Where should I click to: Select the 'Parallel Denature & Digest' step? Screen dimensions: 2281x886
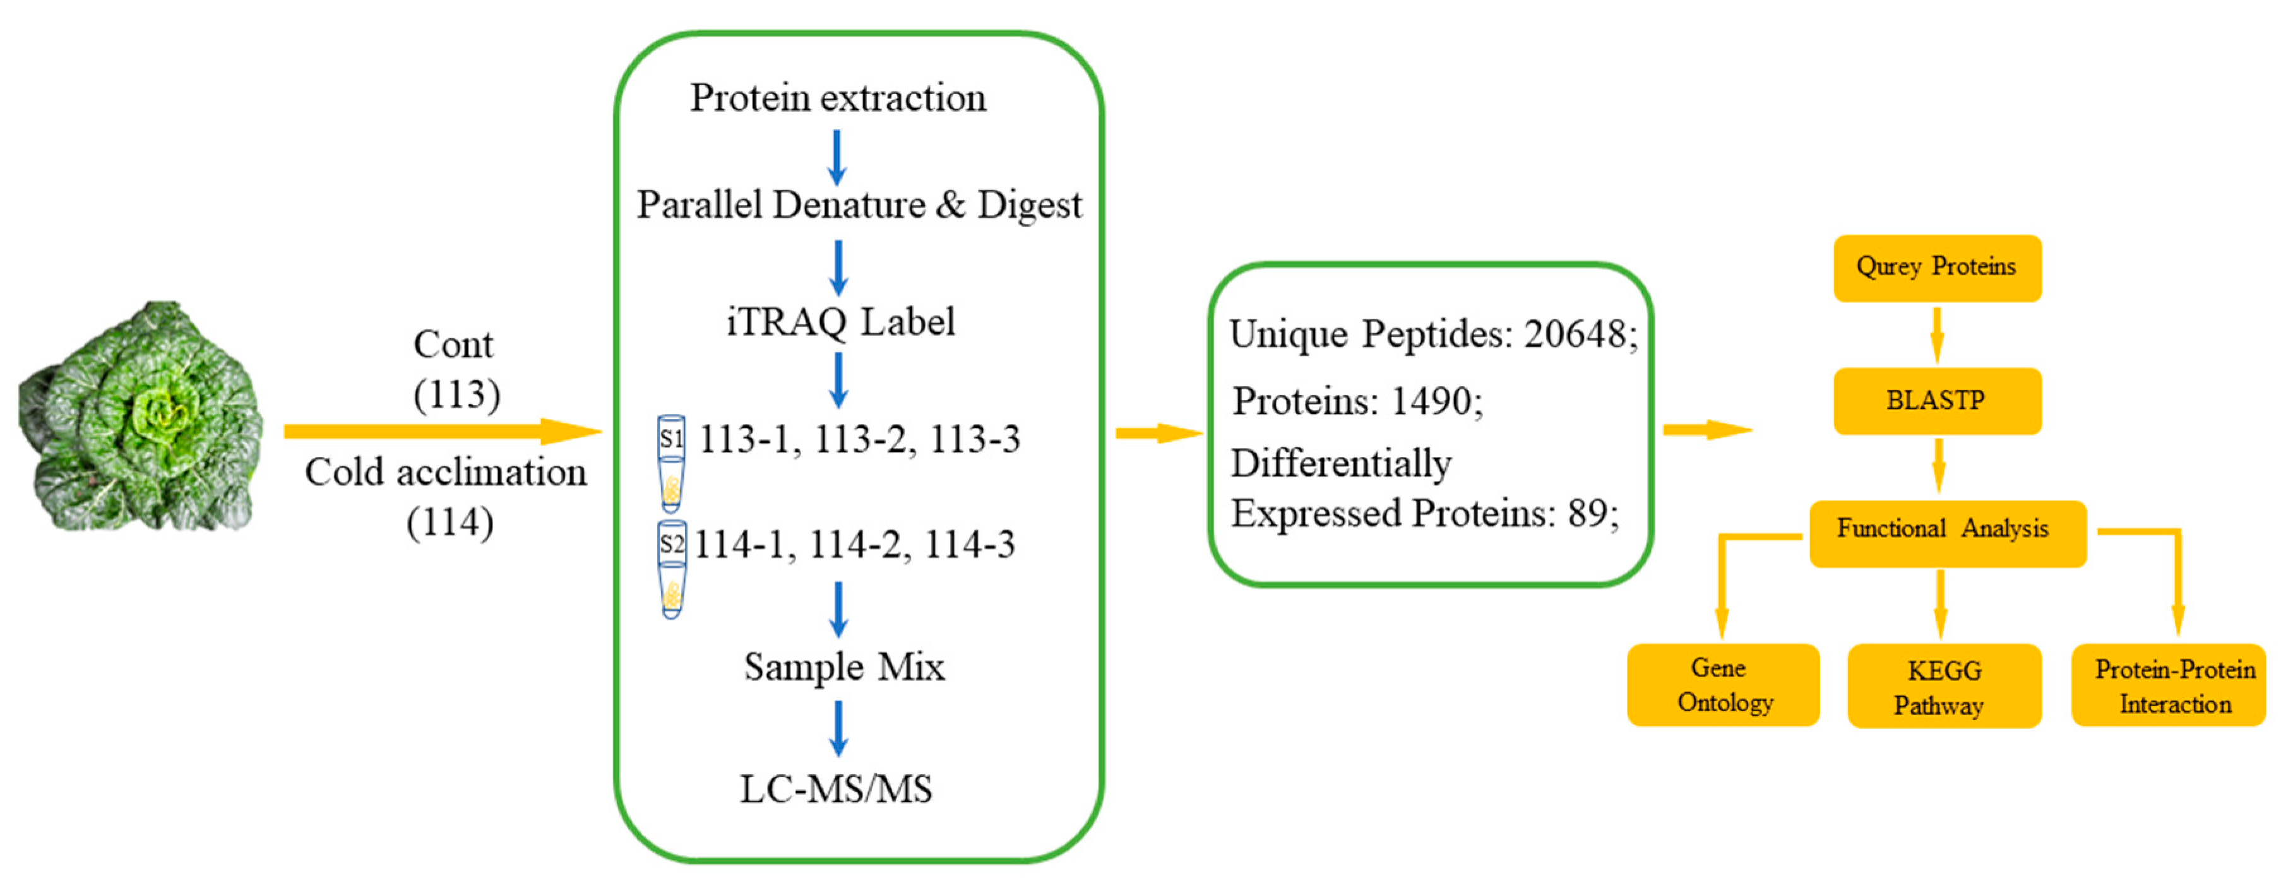859,204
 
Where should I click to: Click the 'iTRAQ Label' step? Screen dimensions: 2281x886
840,321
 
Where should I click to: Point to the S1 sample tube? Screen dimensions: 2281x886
671,463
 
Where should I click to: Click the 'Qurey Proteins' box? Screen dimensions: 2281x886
1938,268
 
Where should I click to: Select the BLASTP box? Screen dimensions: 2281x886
1938,401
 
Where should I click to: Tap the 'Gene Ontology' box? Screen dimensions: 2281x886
1723,685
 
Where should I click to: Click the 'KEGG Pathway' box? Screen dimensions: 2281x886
1945,686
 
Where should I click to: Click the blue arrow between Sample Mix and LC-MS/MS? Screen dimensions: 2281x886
838,728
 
